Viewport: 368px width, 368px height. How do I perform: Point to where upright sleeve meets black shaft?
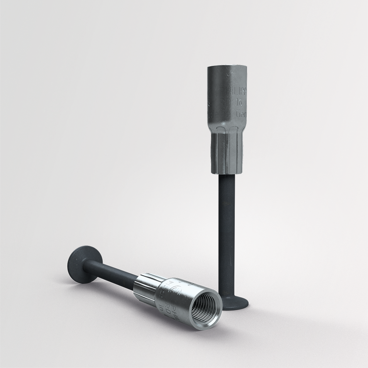point(226,174)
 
